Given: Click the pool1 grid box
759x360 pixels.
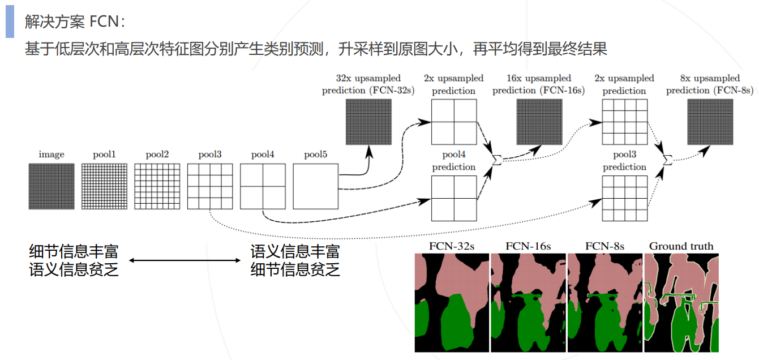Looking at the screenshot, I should tap(104, 186).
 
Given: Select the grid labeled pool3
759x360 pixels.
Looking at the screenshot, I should tap(210, 186).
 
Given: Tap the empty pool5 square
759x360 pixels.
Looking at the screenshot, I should tap(315, 186).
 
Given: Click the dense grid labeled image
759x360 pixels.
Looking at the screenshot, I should tap(52, 186).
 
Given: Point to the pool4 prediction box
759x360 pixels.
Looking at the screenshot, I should tap(454, 198).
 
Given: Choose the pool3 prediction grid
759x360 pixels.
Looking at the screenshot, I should tap(624, 198).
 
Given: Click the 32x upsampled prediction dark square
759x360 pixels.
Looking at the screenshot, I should tap(368, 122).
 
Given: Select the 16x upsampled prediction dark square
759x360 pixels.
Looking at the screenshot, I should tap(539, 122).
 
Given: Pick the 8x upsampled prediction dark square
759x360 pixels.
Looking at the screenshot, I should tap(710, 122).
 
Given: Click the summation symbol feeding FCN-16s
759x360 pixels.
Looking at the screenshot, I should tap(497, 160).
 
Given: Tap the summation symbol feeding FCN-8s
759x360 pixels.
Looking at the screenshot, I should tap(667, 160).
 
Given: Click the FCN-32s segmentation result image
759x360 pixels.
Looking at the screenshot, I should tap(451, 302).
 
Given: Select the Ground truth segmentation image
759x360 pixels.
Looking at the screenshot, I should tap(682, 302).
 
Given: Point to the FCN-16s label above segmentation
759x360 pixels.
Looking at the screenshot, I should tap(528, 246).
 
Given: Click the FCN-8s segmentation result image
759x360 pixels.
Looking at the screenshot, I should tap(604, 302).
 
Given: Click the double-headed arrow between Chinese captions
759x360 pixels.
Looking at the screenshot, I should tap(185, 260).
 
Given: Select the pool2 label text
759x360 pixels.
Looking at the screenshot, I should tap(157, 154).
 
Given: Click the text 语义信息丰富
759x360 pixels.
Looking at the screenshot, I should tap(295, 251).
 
